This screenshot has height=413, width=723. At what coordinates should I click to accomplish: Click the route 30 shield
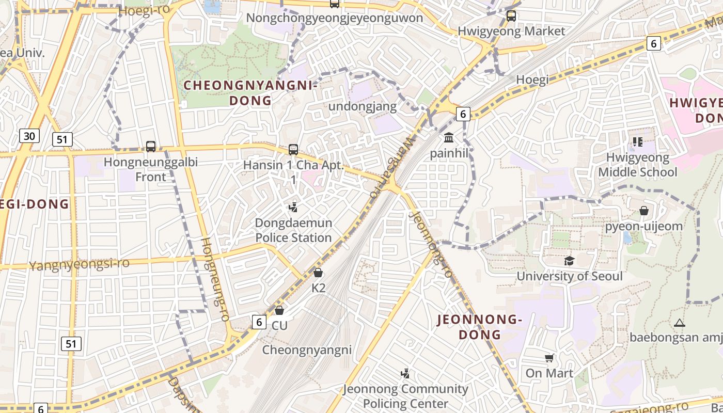[29, 136]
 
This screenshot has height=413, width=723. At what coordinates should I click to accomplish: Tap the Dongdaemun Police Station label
[293, 230]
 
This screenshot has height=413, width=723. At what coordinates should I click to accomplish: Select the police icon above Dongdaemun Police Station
[293, 207]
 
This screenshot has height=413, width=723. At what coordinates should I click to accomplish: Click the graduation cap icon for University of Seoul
[569, 261]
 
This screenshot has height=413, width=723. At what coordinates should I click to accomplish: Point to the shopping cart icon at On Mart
[549, 358]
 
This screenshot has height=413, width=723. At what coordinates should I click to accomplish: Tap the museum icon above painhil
[449, 138]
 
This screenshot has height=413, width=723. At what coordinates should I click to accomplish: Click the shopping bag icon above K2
[318, 272]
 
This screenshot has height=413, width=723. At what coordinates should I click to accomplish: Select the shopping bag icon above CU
[279, 310]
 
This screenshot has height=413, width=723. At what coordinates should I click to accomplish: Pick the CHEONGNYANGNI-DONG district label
[250, 93]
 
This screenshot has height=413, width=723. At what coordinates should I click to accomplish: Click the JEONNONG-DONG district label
[480, 327]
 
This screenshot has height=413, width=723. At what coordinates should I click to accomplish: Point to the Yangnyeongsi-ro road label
[79, 264]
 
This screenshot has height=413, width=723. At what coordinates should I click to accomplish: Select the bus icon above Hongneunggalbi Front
[151, 147]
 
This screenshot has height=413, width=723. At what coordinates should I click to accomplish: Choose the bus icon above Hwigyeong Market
[511, 15]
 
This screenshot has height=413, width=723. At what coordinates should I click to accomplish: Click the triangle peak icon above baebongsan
[679, 323]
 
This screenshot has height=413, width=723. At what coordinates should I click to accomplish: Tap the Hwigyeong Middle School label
[637, 165]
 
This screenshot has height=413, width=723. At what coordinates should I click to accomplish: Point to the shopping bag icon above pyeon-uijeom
[643, 211]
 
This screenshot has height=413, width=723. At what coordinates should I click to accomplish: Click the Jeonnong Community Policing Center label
[405, 396]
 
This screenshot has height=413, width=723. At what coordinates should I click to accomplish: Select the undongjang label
[364, 106]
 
